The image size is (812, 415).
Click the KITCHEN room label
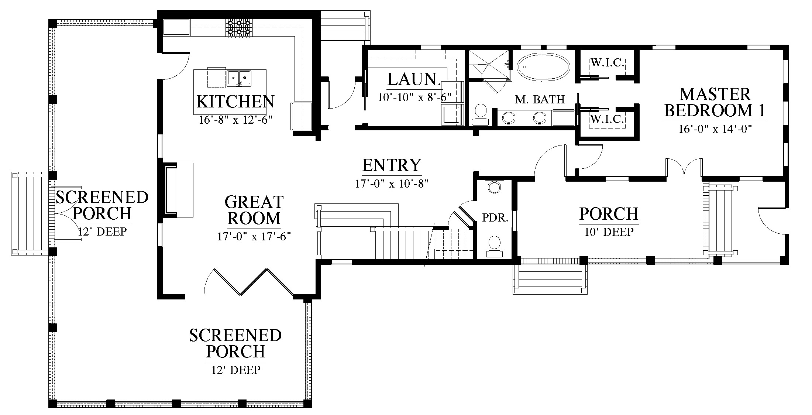pos(235,102)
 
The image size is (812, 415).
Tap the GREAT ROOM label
pos(254,210)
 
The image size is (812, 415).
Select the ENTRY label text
pos(392,165)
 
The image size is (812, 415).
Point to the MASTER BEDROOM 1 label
pos(715,102)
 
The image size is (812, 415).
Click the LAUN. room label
pos(414,79)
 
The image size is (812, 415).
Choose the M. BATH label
pos(540,99)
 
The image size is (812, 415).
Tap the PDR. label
pos(495,218)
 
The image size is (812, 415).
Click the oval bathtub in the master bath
pos(543,67)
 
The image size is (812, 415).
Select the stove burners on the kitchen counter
pos(239,28)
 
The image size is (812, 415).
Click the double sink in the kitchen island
pos(239,78)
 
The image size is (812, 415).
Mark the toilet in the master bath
pos(481,115)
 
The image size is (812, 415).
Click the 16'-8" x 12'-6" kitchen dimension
pos(235,120)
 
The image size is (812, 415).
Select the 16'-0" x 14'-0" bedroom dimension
pos(715,129)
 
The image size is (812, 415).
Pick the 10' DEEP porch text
pos(609,232)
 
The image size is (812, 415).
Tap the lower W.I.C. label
pos(607,119)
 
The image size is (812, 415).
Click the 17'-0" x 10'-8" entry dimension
pos(392,184)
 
